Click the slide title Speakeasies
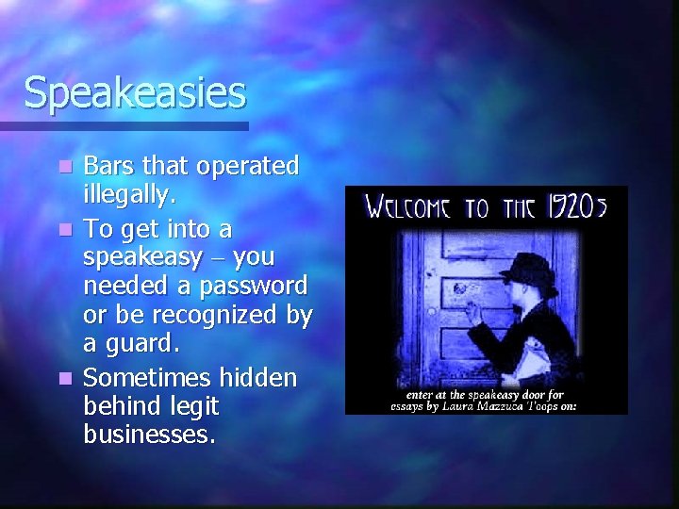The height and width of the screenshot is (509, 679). [x=135, y=92]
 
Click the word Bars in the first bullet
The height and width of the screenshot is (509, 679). [x=107, y=166]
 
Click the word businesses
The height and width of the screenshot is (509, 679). [x=149, y=436]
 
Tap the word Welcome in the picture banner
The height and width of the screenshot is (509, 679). [x=408, y=206]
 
